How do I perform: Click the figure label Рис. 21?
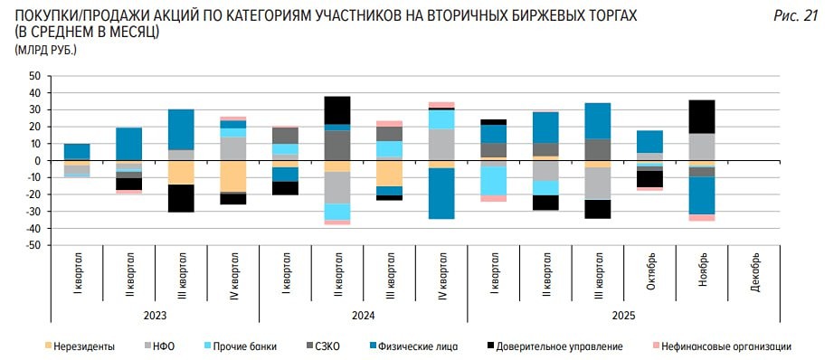tap(797, 15)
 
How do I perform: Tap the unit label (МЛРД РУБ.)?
tap(45, 49)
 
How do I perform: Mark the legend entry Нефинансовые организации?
tap(725, 346)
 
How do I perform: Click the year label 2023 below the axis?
tap(155, 315)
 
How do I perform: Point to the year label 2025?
tap(623, 315)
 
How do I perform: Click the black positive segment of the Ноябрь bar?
tap(702, 117)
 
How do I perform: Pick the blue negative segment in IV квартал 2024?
tap(441, 194)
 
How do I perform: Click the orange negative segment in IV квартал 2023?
tap(233, 176)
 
